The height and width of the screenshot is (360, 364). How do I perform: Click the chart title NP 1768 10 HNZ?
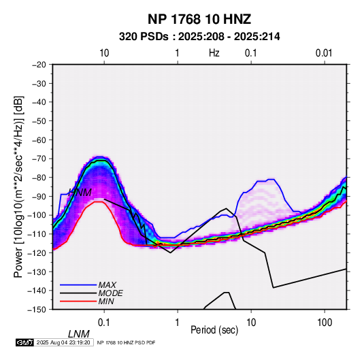click(199, 19)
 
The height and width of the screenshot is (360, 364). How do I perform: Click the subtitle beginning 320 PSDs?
click(199, 37)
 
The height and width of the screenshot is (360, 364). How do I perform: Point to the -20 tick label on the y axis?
click(39, 65)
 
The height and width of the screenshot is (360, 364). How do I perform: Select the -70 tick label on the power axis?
click(39, 159)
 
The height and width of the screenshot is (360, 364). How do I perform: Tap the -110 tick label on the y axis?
click(37, 234)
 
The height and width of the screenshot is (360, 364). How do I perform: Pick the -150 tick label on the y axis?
click(37, 310)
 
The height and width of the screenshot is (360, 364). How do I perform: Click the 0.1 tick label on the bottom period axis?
click(104, 323)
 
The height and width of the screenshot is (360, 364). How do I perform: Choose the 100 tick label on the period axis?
click(325, 323)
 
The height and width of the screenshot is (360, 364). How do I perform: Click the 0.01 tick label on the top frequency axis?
click(324, 53)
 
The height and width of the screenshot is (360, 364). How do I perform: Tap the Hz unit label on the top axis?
click(214, 53)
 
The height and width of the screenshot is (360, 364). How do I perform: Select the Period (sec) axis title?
click(214, 330)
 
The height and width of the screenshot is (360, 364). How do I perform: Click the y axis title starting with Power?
click(18, 187)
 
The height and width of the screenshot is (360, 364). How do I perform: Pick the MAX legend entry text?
click(107, 284)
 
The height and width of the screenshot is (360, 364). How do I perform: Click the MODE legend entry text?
click(110, 293)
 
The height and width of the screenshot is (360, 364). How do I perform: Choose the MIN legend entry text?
click(106, 301)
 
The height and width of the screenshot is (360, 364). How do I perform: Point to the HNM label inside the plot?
click(80, 193)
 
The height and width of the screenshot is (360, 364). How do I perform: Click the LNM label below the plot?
click(79, 334)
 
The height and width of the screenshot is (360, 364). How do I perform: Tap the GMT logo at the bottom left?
click(24, 342)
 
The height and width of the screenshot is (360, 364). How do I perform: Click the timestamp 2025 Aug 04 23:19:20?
click(63, 342)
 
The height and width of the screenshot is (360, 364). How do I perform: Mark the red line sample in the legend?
click(78, 301)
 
